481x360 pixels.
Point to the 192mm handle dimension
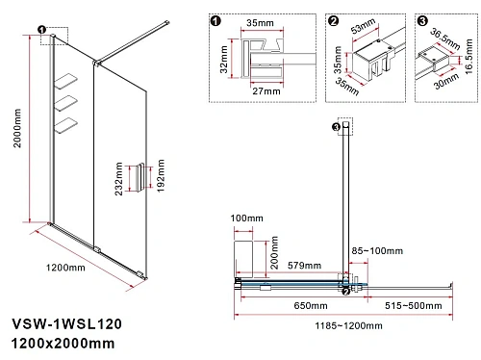(161, 178)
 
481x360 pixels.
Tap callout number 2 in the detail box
(333, 20)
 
